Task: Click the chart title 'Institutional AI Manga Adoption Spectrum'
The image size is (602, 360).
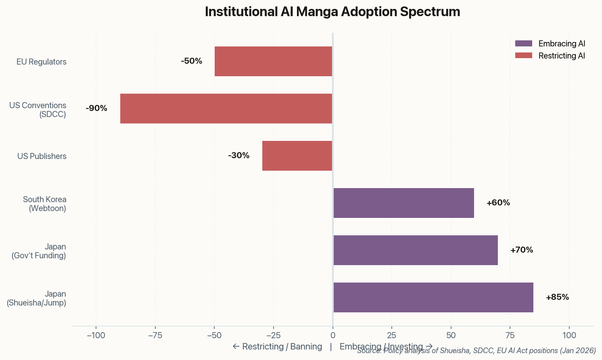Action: pos(332,12)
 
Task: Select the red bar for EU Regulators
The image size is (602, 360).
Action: pos(273,61)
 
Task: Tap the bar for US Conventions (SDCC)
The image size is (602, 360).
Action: pos(226,109)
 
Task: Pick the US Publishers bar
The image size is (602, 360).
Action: pos(297,156)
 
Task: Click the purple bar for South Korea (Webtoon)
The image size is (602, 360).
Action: pos(403,203)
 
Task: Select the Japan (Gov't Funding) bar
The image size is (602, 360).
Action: pos(416,250)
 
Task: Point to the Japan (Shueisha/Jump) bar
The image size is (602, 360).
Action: pos(433,297)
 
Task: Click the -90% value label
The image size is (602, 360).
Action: pos(96,109)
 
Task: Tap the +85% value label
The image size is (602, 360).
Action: pos(557,297)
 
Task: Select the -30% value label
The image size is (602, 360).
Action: pos(238,156)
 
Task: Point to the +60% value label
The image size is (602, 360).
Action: pos(498,203)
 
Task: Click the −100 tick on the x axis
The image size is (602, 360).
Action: pos(96,335)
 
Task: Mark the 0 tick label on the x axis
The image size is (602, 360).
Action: pos(332,335)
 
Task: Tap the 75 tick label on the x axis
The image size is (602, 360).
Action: pos(510,335)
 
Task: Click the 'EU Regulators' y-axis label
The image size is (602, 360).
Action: pos(41,62)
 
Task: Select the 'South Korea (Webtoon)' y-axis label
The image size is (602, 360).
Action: pos(44,204)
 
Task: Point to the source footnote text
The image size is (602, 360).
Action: pos(476,351)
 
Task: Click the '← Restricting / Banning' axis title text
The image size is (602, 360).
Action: pos(277,347)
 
